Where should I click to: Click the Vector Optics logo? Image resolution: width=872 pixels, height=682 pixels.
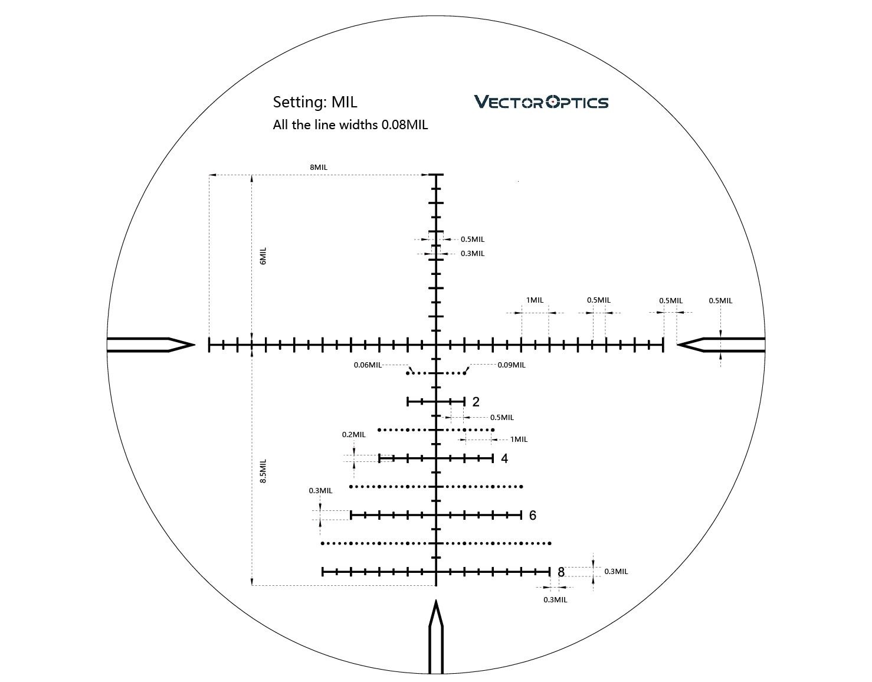541,102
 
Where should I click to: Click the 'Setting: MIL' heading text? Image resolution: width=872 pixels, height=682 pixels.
314,102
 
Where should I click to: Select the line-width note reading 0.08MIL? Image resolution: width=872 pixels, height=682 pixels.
350,124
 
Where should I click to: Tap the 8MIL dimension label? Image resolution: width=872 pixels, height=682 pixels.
319,168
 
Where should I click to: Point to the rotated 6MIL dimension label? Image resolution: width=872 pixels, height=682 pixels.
263,255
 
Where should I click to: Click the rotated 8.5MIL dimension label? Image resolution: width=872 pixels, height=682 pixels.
263,471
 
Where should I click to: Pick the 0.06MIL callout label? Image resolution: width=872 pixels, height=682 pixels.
368,365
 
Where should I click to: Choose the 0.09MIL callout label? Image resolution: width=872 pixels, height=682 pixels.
512,365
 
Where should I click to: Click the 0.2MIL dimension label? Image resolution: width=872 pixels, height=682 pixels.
353,434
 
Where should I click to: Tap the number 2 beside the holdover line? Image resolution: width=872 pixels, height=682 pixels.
476,402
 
